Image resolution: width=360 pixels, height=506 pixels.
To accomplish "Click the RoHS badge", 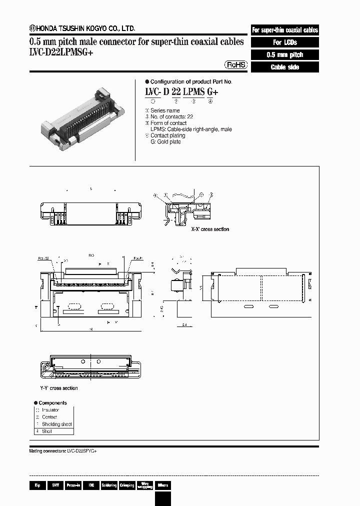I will click(234, 65).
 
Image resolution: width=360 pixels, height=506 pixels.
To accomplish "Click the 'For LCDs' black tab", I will click(284, 42).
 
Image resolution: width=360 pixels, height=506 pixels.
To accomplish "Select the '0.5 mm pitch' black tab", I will click(284, 55).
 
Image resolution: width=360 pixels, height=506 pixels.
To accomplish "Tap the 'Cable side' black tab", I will click(284, 67).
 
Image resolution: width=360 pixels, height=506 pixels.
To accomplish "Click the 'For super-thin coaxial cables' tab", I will click(284, 30).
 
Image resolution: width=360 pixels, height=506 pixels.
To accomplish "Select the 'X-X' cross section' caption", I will click(210, 229).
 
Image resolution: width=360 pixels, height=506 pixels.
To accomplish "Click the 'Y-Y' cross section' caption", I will click(59, 388).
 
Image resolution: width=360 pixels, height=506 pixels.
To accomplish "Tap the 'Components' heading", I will click(52, 402).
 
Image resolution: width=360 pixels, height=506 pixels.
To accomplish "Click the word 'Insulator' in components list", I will click(50, 410).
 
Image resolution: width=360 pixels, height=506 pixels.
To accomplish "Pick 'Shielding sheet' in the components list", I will click(57, 424).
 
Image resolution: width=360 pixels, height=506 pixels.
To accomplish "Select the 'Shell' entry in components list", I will click(47, 431).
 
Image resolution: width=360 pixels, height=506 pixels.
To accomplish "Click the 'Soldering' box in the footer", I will click(109, 485).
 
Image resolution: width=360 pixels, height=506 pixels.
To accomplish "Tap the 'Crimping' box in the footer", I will click(127, 485).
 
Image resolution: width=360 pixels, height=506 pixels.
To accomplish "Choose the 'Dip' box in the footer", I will click(37, 485).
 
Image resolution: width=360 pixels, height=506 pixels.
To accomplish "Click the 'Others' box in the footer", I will click(163, 485).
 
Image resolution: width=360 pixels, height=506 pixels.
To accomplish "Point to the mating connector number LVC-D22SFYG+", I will click(79, 450).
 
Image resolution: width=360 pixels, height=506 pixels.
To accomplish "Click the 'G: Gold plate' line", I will click(165, 142).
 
